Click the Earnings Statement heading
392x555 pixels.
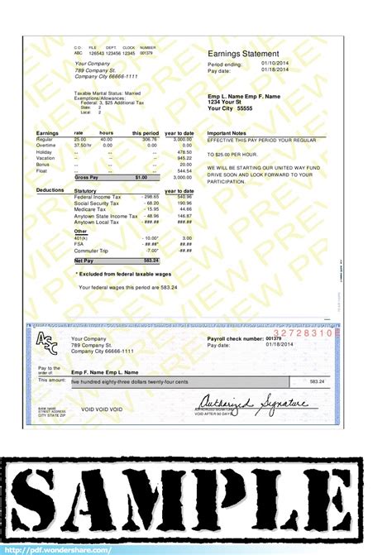[244, 54]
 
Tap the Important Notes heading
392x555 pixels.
[227, 133]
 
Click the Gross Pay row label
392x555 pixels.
[87, 177]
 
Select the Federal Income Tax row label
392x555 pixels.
[97, 197]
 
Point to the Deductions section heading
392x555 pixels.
[50, 190]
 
